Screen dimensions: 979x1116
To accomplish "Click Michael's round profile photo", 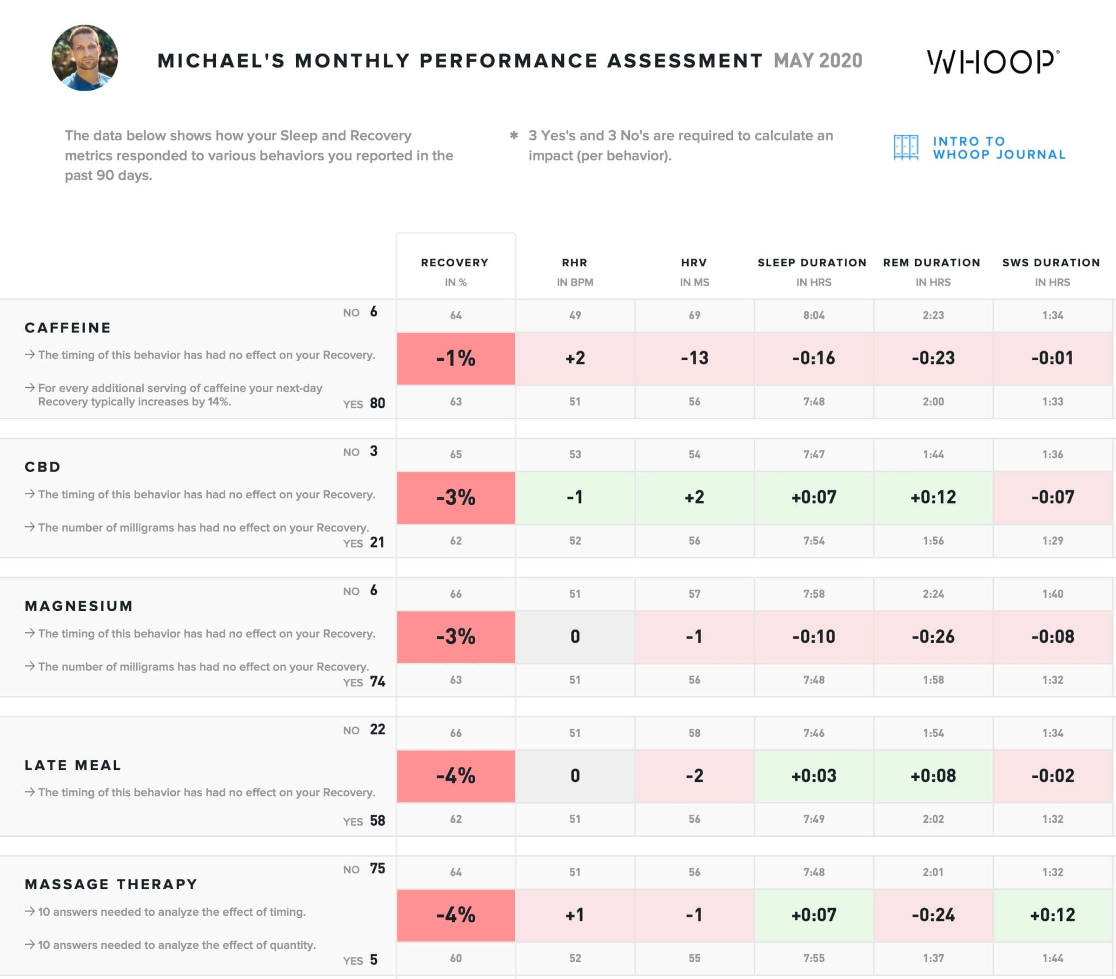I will pyautogui.click(x=85, y=58).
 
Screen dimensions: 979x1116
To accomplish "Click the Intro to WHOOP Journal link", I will pyautogui.click(x=979, y=148).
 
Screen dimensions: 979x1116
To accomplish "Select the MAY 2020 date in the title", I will pyautogui.click(x=817, y=60).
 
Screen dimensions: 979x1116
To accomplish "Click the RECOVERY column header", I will pyautogui.click(x=455, y=263).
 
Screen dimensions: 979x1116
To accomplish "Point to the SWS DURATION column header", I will pyautogui.click(x=1051, y=263).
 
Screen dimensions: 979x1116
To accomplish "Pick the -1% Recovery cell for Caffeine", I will pyautogui.click(x=456, y=358).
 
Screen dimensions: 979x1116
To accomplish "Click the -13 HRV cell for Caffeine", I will pyautogui.click(x=694, y=358).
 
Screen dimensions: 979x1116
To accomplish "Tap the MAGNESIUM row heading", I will pyautogui.click(x=79, y=606).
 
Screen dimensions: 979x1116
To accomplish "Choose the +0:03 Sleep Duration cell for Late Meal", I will pyautogui.click(x=814, y=776).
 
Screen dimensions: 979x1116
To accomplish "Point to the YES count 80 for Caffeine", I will pyautogui.click(x=377, y=404).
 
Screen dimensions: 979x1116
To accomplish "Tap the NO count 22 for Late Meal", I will pyautogui.click(x=377, y=730).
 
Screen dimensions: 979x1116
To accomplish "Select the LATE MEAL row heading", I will pyautogui.click(x=73, y=766).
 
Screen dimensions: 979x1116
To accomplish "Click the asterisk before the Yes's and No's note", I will pyautogui.click(x=514, y=135).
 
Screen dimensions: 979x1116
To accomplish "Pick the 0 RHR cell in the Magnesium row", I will pyautogui.click(x=575, y=637).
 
